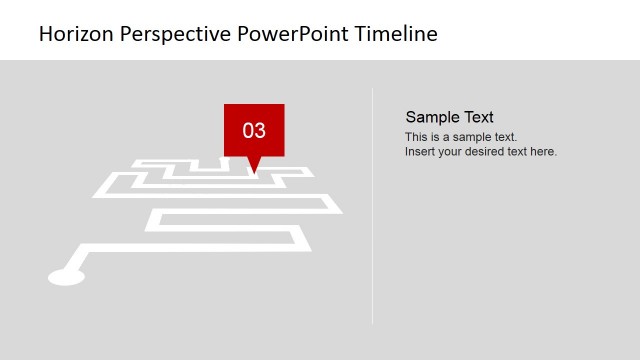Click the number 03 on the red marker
(x=254, y=130)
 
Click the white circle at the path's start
(x=67, y=277)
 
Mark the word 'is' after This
(x=435, y=137)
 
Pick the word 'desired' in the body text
(x=487, y=152)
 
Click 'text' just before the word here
(x=520, y=152)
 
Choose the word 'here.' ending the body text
(x=545, y=152)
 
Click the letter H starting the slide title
(x=45, y=34)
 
